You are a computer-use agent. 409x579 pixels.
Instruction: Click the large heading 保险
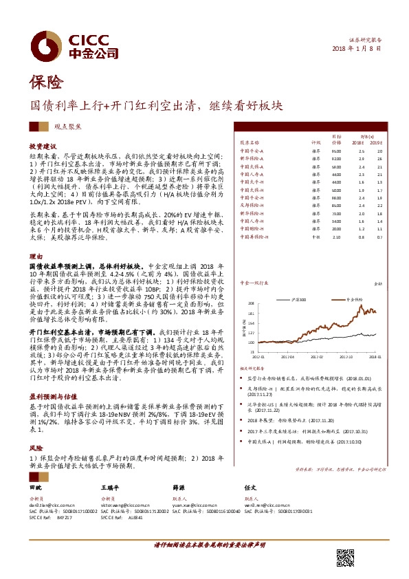[46, 84]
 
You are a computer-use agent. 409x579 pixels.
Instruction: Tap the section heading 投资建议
[42, 148]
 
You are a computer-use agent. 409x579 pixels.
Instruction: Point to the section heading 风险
[35, 426]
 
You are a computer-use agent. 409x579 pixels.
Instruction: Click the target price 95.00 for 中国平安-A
[336, 151]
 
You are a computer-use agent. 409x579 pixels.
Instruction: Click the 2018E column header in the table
[361, 142]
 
